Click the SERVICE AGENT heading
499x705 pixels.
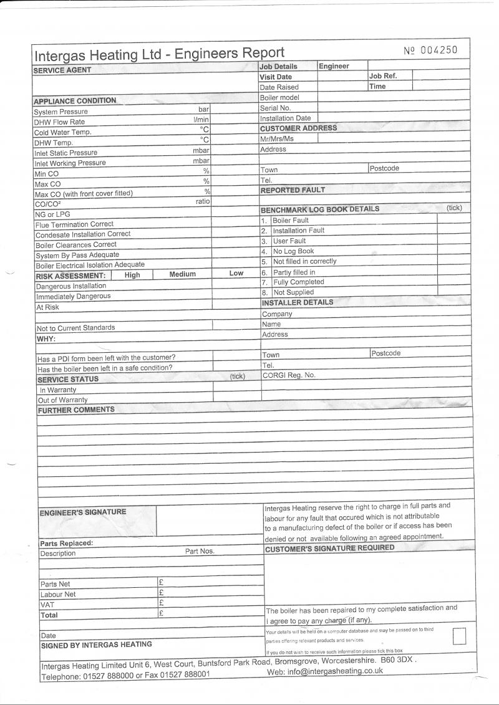point(62,70)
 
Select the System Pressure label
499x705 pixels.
point(61,112)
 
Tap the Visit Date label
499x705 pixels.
point(276,77)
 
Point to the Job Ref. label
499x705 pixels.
point(382,75)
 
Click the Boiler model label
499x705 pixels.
point(279,97)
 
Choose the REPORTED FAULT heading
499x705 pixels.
point(293,190)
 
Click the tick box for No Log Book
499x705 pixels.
point(453,251)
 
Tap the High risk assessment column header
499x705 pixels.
point(132,274)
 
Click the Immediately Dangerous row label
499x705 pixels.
point(73,297)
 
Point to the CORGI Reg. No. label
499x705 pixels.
point(289,375)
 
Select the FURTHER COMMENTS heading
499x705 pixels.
point(76,410)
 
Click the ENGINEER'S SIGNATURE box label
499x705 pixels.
point(82,512)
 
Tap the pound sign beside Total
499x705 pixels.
point(161,613)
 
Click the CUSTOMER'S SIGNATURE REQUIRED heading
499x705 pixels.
point(329,548)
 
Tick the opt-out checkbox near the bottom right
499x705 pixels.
point(459,636)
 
